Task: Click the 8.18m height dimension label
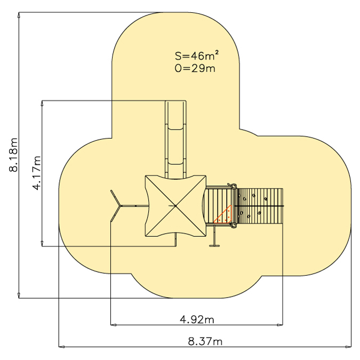[x=13, y=155]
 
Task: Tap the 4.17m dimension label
[x=37, y=173]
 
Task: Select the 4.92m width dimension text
[x=197, y=319]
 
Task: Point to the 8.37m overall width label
[x=205, y=341]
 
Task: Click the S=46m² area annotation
[x=196, y=55]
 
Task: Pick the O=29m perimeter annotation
[x=195, y=68]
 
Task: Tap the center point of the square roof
[x=175, y=206]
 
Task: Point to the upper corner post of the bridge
[x=234, y=186]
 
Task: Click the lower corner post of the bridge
[x=234, y=226]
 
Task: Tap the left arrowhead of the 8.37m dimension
[x=61, y=347]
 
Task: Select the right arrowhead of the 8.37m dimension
[x=348, y=347]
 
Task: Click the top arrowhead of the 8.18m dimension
[x=19, y=15]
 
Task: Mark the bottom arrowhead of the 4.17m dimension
[x=42, y=243]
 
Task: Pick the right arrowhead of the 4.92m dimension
[x=280, y=325]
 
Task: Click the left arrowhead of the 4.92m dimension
[x=114, y=325]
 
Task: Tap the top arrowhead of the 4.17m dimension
[x=42, y=103]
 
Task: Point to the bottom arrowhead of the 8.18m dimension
[x=19, y=295]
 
